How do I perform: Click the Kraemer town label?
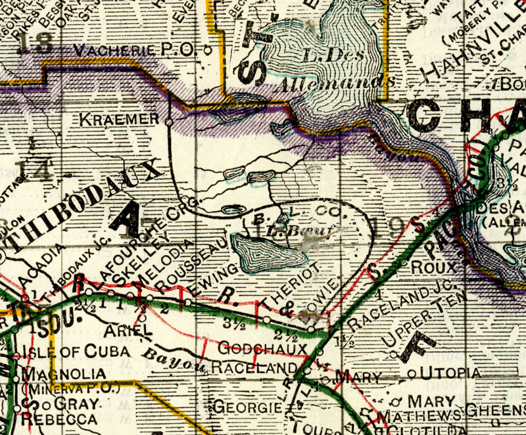point(119,119)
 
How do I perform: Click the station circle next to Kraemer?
point(169,122)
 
